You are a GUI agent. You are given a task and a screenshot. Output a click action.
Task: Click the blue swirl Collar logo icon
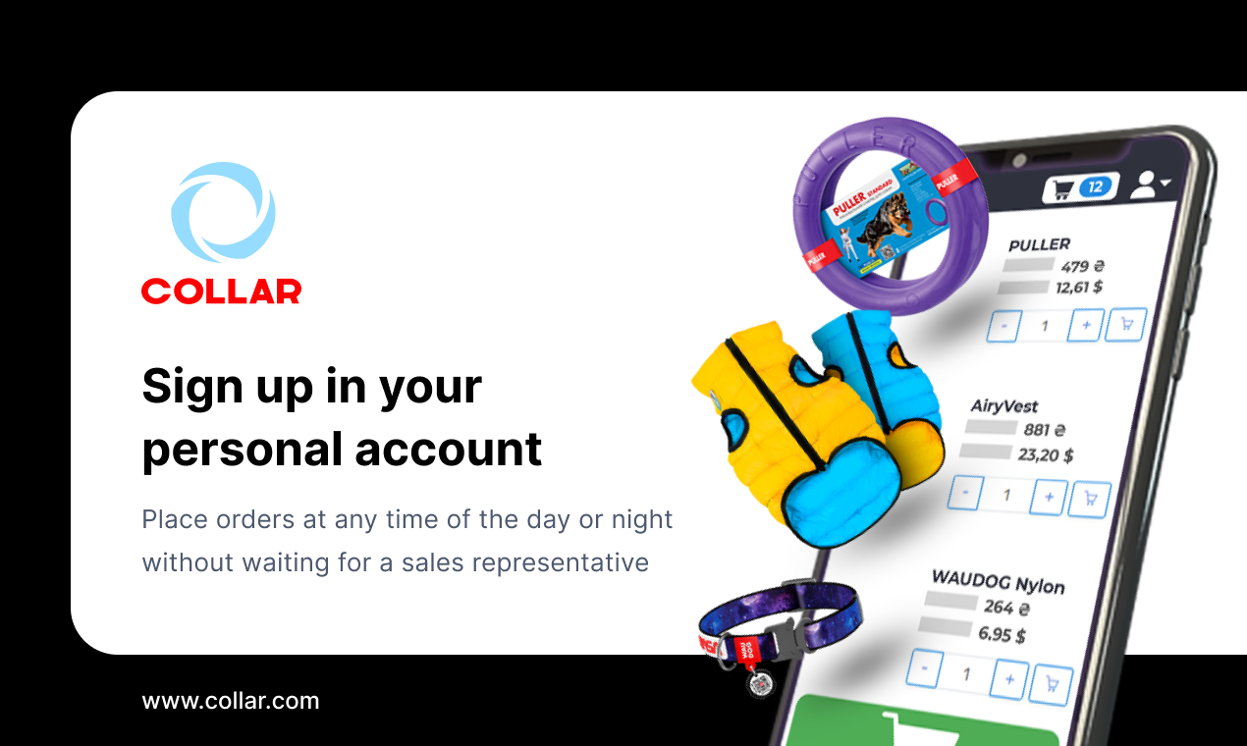pyautogui.click(x=223, y=213)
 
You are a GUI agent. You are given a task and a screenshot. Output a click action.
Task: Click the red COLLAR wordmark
pyautogui.click(x=221, y=291)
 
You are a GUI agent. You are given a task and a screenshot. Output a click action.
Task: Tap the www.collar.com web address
pyautogui.click(x=231, y=701)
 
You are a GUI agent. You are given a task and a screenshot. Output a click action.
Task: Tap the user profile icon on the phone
pyautogui.click(x=1147, y=185)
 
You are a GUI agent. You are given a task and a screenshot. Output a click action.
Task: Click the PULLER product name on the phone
pyautogui.click(x=1039, y=244)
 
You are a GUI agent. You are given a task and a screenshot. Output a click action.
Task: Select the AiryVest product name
pyautogui.click(x=1003, y=405)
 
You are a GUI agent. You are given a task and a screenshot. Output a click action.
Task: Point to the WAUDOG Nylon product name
pyautogui.click(x=998, y=582)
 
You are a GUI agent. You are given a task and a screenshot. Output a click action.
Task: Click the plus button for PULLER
pyautogui.click(x=1085, y=324)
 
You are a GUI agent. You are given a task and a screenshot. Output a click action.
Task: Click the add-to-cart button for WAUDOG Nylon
pyautogui.click(x=1053, y=683)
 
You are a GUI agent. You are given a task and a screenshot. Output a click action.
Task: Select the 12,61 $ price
pyautogui.click(x=1078, y=288)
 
